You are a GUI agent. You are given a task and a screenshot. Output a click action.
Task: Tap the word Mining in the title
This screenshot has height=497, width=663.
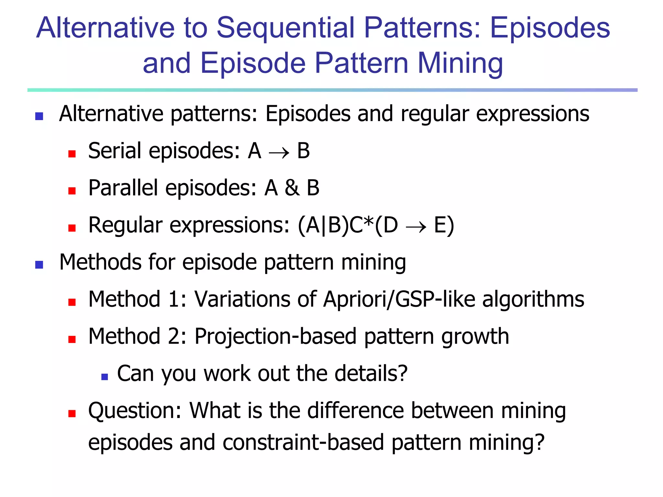coord(460,63)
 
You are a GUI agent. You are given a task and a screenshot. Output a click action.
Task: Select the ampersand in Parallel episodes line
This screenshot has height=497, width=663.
coord(292,188)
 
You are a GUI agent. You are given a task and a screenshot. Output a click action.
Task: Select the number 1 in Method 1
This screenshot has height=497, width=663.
coord(174,299)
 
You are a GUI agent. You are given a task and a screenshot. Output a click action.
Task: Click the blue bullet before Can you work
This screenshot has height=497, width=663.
coord(104,377)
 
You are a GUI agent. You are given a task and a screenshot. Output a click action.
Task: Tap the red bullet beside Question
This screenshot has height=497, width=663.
coord(72,414)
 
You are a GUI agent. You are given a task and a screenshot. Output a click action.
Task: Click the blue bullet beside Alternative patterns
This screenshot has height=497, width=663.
coord(39,116)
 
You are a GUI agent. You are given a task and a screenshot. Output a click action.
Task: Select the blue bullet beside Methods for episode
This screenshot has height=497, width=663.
coord(39,265)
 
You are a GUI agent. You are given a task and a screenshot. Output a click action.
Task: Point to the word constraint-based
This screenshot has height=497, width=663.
coord(303,443)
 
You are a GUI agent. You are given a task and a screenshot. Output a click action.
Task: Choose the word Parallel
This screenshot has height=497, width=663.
coord(123,188)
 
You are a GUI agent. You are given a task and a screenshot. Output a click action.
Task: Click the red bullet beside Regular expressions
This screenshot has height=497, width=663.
coord(72,228)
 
